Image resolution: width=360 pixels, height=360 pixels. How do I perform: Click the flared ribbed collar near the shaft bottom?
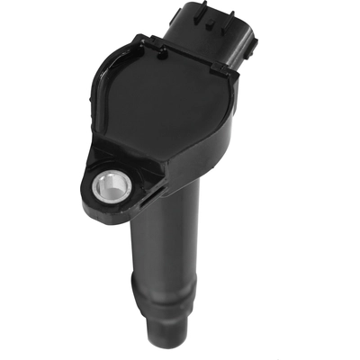[166, 315]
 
